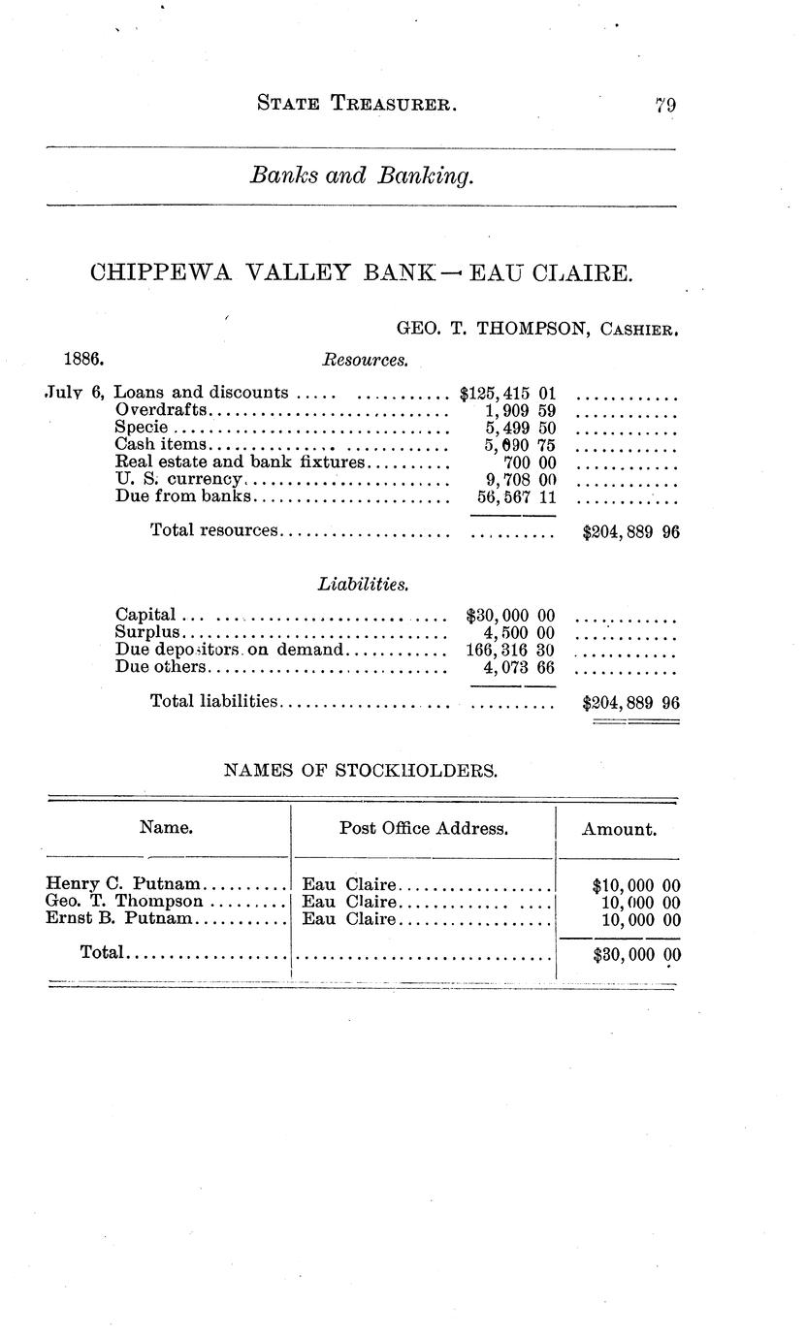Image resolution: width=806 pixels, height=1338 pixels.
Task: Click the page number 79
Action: pyautogui.click(x=664, y=106)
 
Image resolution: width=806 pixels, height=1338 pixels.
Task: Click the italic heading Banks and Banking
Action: pyautogui.click(x=362, y=176)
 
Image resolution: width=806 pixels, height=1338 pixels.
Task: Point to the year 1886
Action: pyautogui.click(x=84, y=359)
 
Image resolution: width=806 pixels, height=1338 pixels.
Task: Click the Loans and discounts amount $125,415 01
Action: pyautogui.click(x=507, y=393)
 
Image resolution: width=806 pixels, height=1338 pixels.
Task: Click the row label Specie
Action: pyautogui.click(x=142, y=428)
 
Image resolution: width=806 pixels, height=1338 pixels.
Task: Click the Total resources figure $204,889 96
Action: pyautogui.click(x=629, y=531)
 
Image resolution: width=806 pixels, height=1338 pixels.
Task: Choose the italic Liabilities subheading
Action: pyautogui.click(x=362, y=585)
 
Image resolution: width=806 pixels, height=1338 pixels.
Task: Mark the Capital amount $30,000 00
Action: pyautogui.click(x=510, y=615)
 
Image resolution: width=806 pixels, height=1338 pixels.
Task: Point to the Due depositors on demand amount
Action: pyautogui.click(x=510, y=650)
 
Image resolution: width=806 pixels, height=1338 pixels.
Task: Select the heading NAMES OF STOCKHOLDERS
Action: pyautogui.click(x=361, y=772)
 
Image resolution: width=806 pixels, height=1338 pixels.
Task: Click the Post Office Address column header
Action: pyautogui.click(x=423, y=829)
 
